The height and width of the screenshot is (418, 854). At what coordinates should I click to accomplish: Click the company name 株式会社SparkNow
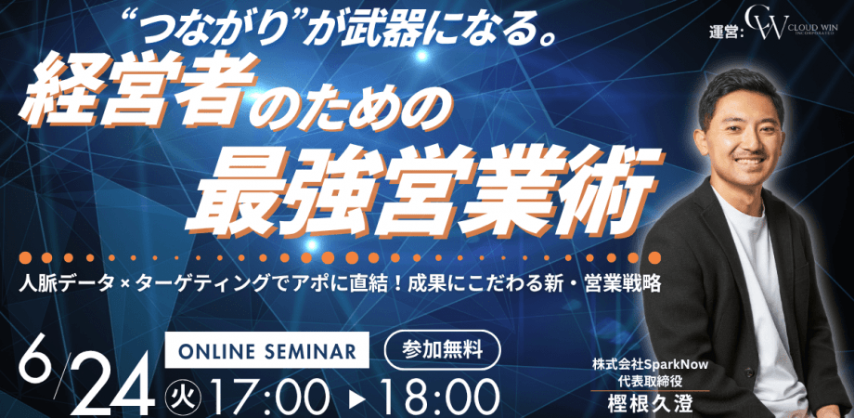pos(640,364)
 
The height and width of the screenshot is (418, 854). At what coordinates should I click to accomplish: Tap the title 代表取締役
pos(640,381)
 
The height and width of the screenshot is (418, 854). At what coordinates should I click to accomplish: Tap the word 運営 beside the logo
pos(724,31)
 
